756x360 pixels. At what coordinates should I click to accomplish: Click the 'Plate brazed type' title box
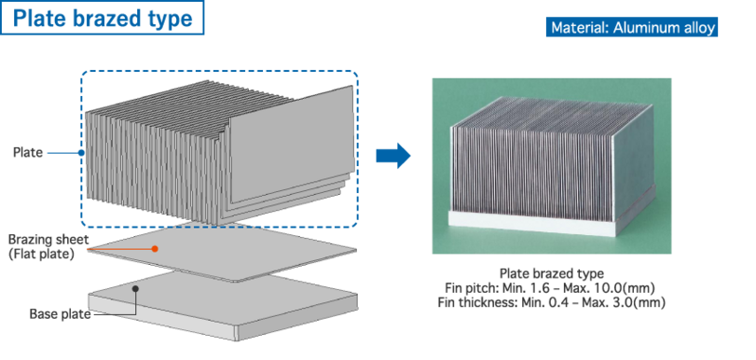(x=103, y=18)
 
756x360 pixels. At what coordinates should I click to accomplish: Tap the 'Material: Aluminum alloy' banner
(x=632, y=27)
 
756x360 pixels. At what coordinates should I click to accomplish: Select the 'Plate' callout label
(x=28, y=153)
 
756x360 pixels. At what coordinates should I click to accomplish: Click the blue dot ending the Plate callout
(x=81, y=153)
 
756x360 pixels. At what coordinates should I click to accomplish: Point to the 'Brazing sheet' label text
(x=48, y=240)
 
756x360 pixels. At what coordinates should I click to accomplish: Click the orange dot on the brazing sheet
(x=155, y=248)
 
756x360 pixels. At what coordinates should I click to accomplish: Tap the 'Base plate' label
(x=61, y=314)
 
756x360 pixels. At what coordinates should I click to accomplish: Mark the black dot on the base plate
(x=135, y=288)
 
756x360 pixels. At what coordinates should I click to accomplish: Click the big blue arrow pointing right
(x=393, y=156)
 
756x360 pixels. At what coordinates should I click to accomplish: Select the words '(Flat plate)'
(x=41, y=254)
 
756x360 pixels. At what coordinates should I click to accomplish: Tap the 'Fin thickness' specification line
(x=552, y=303)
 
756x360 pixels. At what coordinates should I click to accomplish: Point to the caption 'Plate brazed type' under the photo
(x=552, y=274)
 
